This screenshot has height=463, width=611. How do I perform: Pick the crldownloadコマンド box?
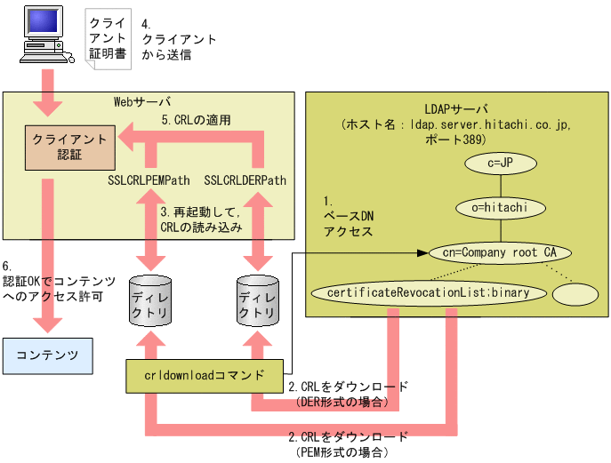click(x=205, y=375)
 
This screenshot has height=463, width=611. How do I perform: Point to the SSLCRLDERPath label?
click(x=245, y=180)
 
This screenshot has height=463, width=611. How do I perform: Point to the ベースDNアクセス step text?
click(x=344, y=217)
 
